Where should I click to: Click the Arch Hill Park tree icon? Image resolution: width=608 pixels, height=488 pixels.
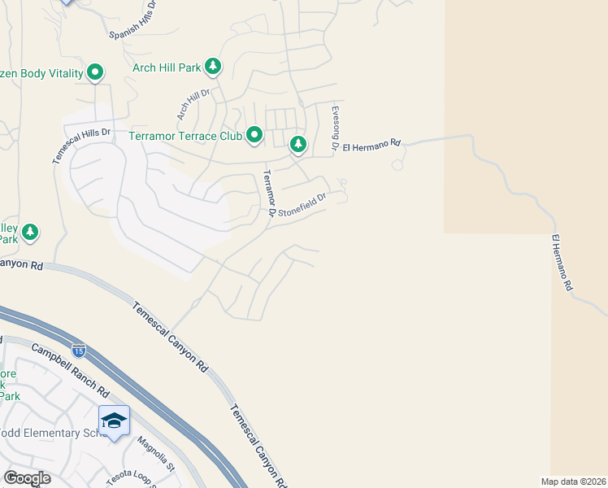click(213, 66)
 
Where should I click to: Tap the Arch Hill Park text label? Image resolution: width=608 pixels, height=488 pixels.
click(167, 68)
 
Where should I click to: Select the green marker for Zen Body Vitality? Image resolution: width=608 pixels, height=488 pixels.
click(95, 73)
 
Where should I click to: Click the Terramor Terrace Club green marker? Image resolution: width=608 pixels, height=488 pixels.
click(254, 135)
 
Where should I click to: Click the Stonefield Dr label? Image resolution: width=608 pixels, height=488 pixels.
click(302, 204)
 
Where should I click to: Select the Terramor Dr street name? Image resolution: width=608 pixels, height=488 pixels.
click(269, 194)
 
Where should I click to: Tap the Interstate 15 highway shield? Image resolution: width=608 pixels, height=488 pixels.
click(78, 351)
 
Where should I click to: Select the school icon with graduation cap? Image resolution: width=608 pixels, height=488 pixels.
click(114, 420)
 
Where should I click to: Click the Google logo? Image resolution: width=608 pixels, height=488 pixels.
click(28, 478)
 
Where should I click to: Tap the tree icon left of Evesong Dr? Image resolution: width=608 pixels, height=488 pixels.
click(298, 145)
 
